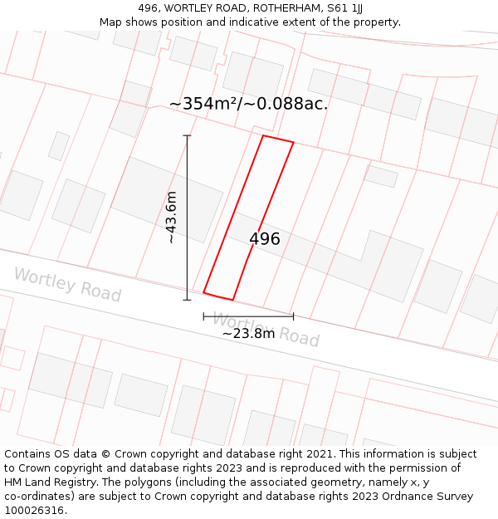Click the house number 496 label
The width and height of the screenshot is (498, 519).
[x=265, y=239]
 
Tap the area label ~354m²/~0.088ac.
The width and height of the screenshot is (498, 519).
[x=248, y=104]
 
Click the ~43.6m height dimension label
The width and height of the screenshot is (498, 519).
[x=172, y=217]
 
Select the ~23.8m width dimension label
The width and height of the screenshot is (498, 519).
[x=248, y=333]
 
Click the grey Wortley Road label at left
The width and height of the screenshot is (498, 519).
[x=67, y=285]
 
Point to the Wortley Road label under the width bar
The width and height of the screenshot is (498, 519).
[x=266, y=329]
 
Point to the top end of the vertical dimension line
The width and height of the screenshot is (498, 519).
[x=187, y=135]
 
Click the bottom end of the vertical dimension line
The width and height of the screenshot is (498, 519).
[x=187, y=300]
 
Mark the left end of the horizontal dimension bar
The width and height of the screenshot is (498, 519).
[x=203, y=316]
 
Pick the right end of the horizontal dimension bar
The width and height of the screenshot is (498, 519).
[x=293, y=316]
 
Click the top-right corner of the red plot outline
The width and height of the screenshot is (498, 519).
[x=293, y=142]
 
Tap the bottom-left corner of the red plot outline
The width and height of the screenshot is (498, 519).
[x=203, y=292]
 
